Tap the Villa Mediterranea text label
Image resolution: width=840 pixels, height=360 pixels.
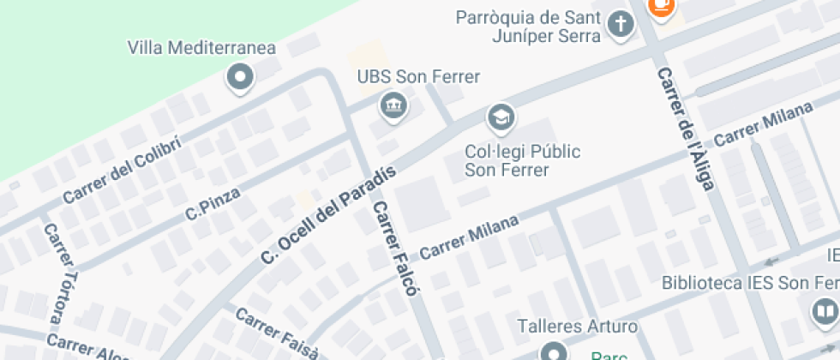click(201, 46)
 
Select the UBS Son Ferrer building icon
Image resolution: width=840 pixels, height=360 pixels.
click(393, 105)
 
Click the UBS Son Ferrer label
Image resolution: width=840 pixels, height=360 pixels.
click(418, 77)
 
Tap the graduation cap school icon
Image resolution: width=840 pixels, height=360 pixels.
click(499, 116)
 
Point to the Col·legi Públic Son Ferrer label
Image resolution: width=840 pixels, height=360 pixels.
click(522, 160)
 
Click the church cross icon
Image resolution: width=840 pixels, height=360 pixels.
click(620, 24)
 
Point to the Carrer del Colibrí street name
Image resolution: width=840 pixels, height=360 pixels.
click(122, 171)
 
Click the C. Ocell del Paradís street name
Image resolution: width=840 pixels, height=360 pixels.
click(328, 214)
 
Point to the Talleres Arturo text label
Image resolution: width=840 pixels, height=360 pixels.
click(578, 327)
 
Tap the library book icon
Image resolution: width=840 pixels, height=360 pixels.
click(825, 310)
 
